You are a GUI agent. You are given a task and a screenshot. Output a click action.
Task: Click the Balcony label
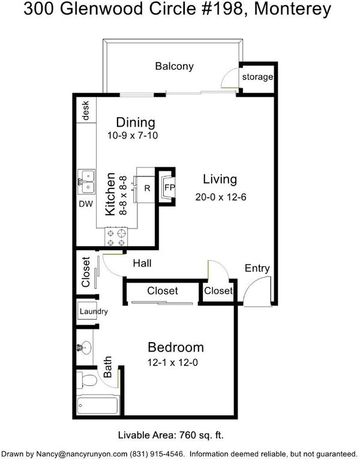point(174,67)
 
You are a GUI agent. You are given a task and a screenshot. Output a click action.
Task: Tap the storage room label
point(257,77)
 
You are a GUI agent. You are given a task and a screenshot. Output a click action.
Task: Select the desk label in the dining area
point(85,110)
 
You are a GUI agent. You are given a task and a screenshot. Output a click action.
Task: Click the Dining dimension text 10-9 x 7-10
point(133,136)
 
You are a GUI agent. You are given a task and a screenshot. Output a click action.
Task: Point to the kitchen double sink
point(86,182)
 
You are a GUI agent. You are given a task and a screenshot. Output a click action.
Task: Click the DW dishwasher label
point(86,204)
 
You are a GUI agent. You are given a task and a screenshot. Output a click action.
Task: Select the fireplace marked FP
point(169,188)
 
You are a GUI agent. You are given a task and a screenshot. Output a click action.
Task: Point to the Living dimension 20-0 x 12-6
point(221,197)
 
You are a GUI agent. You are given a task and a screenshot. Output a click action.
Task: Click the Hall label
point(142,263)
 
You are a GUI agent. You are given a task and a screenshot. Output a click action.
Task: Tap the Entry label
point(257,268)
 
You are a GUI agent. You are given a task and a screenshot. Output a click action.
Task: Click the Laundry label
point(94,311)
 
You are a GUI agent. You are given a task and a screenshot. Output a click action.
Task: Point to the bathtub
point(98,405)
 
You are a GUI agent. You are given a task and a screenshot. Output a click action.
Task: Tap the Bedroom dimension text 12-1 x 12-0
point(173,362)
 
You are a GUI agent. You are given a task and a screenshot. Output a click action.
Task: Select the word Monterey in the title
point(293,10)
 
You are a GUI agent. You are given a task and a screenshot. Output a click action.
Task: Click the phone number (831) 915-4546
point(157,454)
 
